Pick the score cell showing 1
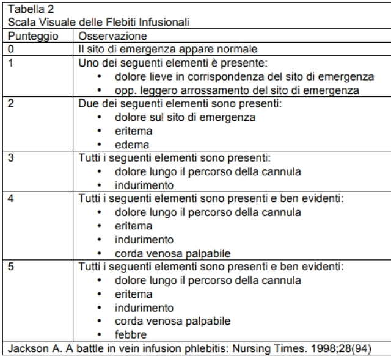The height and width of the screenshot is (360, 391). point(11,62)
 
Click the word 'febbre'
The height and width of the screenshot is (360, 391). point(131,334)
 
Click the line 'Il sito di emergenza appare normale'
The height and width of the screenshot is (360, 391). point(168,49)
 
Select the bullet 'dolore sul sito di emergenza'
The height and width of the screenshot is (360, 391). point(185,117)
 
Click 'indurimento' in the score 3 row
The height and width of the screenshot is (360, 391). point(144,185)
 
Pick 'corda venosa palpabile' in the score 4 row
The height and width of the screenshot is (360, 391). point(172,253)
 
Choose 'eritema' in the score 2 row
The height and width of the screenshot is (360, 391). point(133,131)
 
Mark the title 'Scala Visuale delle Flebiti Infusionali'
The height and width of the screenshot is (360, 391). point(98,23)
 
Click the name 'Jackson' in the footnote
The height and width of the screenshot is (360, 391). point(27,349)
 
